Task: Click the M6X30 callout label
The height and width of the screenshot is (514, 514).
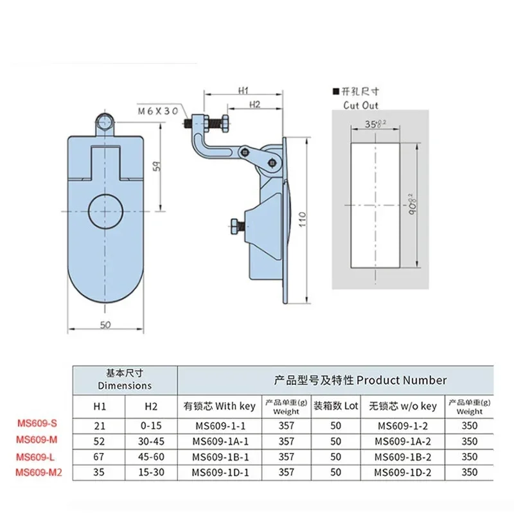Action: click(157, 111)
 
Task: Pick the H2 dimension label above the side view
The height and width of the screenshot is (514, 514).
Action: click(253, 103)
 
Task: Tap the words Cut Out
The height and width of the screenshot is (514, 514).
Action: click(361, 105)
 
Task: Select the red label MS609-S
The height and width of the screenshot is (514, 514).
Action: click(40, 424)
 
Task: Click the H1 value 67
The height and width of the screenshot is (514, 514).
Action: click(98, 457)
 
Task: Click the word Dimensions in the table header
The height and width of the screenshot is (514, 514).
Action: click(125, 385)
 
